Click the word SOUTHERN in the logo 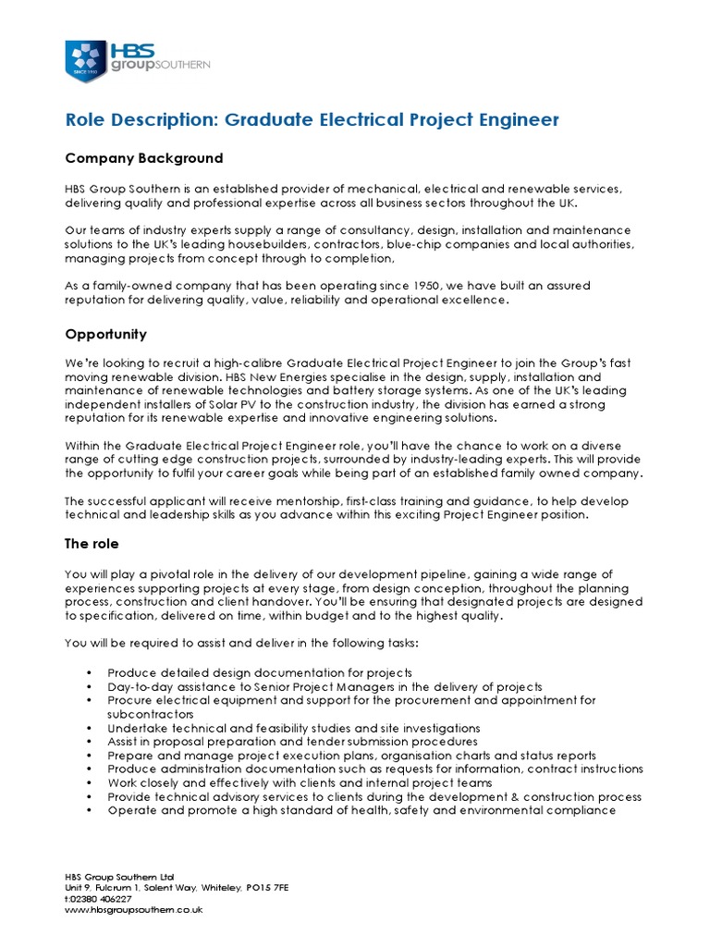pos(187,65)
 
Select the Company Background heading pos(143,158)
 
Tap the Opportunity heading pos(105,334)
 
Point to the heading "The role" pos(92,544)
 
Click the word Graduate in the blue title pos(265,119)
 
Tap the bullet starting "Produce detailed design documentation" pos(260,672)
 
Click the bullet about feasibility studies pos(294,728)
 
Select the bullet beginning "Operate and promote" pos(361,810)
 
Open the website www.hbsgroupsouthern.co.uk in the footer pos(133,910)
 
